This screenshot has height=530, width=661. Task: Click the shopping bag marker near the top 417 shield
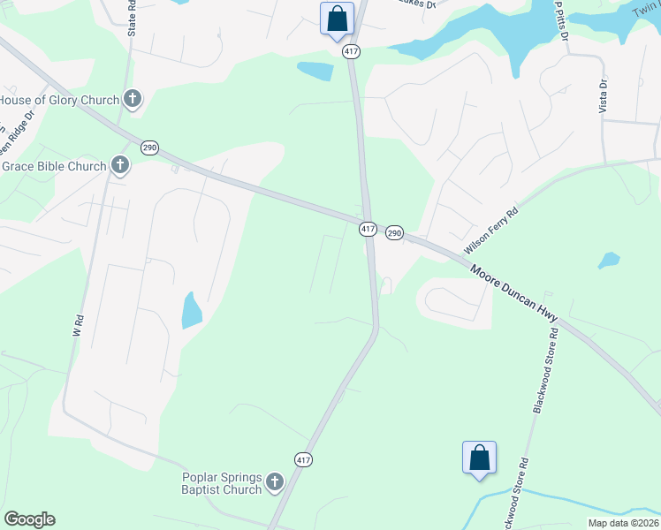pos(337,19)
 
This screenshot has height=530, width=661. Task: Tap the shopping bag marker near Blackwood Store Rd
pos(479,458)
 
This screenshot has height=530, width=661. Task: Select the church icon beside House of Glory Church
pos(133,99)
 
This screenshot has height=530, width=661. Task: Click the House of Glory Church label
pos(58,100)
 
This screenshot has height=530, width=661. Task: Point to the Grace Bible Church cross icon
pos(120,165)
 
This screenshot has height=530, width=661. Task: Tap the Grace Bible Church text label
pos(53,166)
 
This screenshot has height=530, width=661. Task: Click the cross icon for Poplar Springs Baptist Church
pos(275,482)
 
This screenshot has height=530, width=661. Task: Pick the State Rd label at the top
pos(133,19)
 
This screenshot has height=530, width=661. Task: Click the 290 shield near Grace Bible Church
pos(150,147)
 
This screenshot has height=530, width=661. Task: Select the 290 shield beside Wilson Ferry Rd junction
pos(394,231)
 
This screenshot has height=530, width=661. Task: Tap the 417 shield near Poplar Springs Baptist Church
pos(303,459)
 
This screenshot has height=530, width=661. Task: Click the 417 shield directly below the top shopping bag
pos(352,51)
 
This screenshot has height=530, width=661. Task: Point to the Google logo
pos(29,519)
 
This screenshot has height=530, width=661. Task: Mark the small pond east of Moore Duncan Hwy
pos(608,261)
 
